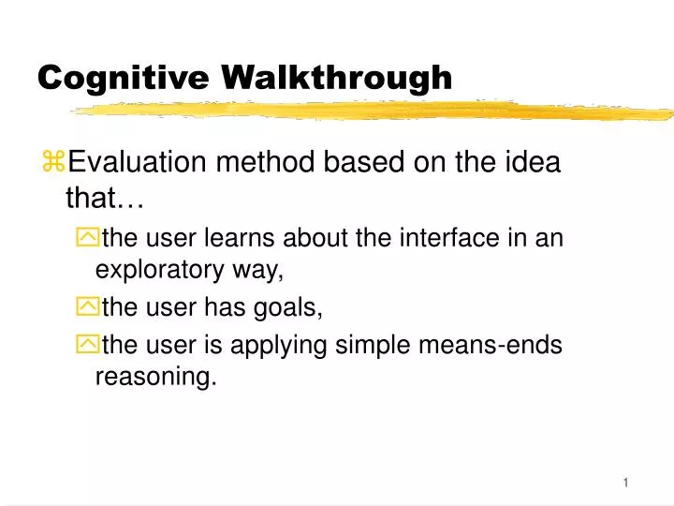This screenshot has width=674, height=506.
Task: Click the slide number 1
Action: point(625,483)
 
